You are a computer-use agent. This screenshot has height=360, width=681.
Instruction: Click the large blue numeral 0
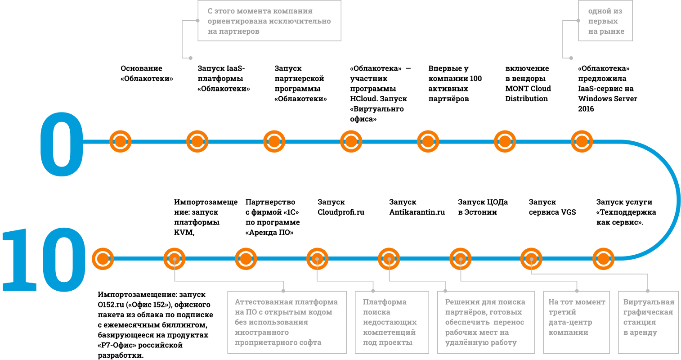coord(62,144)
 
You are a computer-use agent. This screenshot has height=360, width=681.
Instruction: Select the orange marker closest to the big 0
coord(120,141)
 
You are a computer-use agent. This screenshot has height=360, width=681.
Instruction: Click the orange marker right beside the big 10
coord(103,259)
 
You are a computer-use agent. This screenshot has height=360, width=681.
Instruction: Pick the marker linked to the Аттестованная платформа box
coord(174,259)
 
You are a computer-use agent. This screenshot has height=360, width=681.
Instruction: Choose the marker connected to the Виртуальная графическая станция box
coord(531,259)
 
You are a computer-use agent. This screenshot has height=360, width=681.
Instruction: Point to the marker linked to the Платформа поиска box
coord(317,259)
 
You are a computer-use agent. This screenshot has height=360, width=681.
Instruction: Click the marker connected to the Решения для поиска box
coord(389,259)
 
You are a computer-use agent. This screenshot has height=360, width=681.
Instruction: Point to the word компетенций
coord(389,333)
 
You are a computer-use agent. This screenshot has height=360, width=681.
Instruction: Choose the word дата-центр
coord(570,322)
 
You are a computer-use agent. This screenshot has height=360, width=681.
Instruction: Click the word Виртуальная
coord(649,302)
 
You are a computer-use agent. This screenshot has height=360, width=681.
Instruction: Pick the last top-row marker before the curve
coord(582,141)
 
